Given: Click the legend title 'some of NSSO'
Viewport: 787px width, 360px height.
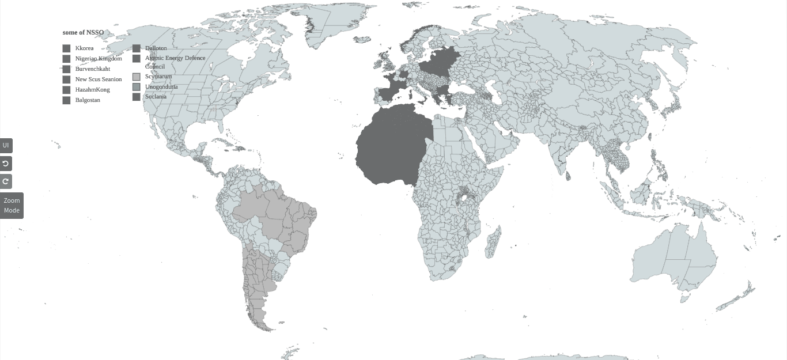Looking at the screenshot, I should (x=83, y=33).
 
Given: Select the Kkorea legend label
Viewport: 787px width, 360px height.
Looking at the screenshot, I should (x=84, y=48).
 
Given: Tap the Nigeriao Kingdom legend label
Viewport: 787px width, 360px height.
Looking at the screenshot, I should (x=99, y=59).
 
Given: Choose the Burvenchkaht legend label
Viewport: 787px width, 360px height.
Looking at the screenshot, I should (x=92, y=69).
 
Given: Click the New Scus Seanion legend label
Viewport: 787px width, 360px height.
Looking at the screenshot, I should (x=99, y=79).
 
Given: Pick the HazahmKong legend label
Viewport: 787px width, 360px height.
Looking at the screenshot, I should (x=92, y=90).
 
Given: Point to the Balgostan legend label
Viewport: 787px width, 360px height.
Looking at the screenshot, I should (x=88, y=100).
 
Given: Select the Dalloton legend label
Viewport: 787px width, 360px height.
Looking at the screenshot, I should (x=156, y=48).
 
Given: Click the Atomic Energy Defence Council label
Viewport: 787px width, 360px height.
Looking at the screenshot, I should (x=175, y=62).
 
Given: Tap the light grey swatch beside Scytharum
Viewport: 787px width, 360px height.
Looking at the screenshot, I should (x=137, y=77).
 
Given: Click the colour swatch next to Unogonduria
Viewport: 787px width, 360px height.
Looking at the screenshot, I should (x=137, y=87).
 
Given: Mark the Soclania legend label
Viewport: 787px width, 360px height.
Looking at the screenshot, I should (x=156, y=97).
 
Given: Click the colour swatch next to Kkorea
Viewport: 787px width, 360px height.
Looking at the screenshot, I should (x=66, y=49).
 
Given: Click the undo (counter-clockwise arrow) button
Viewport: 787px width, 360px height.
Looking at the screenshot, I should (x=6, y=164).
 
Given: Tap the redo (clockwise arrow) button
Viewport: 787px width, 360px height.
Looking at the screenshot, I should (x=6, y=181).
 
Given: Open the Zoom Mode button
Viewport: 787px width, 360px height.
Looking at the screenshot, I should (x=12, y=206).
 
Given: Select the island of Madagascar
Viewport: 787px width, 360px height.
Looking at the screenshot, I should (x=493, y=242).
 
